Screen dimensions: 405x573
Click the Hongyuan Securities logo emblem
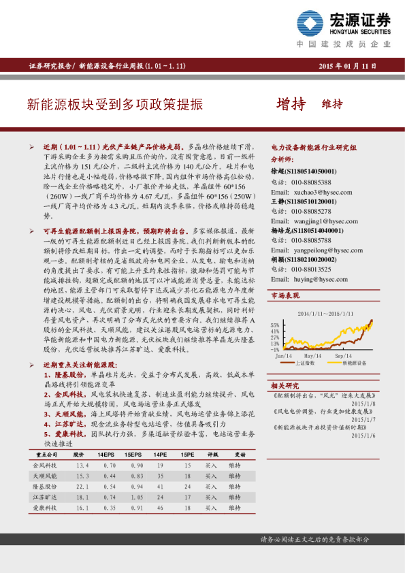tap(312, 25)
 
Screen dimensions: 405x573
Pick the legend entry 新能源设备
tap(354, 364)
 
